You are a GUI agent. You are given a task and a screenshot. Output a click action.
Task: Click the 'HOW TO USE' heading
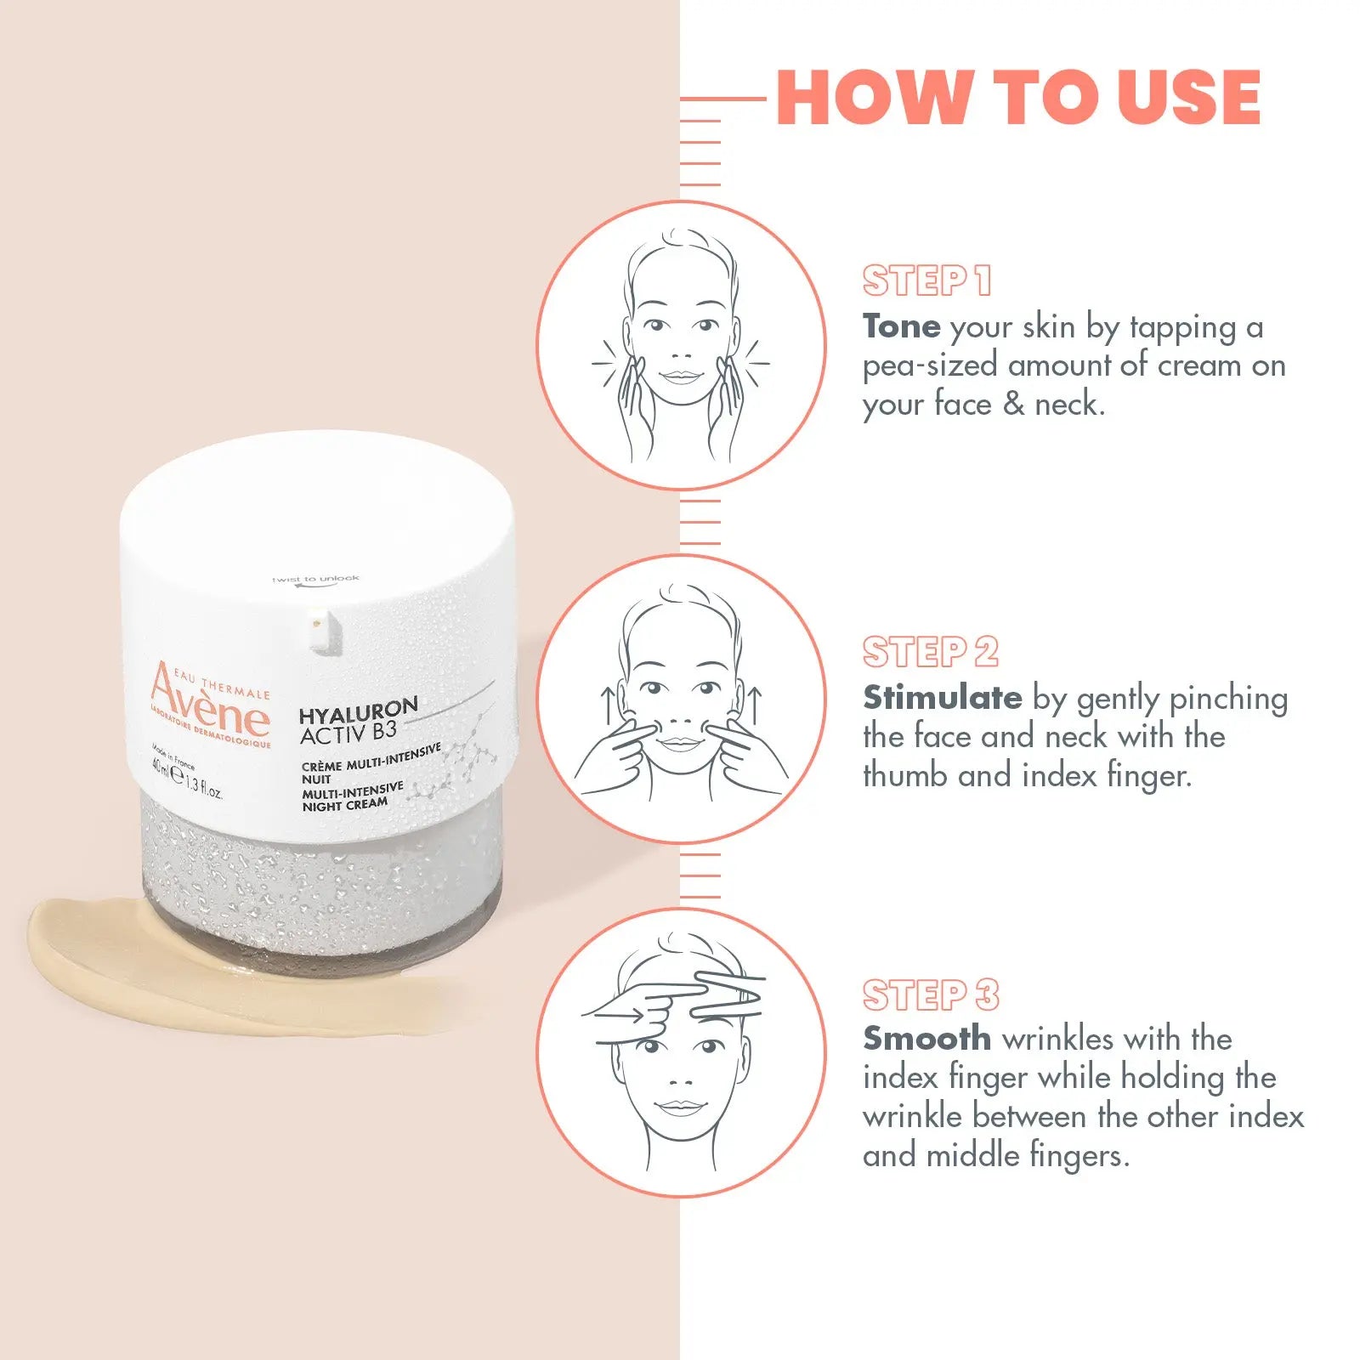1017,98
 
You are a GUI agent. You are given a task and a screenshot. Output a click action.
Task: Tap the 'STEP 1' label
926,280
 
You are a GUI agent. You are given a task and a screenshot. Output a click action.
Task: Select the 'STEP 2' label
930,652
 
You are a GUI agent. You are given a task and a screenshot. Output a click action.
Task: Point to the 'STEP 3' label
930,994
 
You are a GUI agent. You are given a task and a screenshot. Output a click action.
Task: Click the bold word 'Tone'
901,326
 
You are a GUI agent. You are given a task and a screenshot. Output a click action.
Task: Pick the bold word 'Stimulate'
942,698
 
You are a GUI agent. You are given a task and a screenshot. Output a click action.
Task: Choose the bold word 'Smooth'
926,1039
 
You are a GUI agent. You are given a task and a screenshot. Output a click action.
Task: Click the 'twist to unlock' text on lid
315,580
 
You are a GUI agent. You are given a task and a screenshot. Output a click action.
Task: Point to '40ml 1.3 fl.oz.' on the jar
187,778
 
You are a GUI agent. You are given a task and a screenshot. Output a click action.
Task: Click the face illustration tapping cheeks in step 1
681,344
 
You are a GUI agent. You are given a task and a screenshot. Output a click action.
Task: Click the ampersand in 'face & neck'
1013,405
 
